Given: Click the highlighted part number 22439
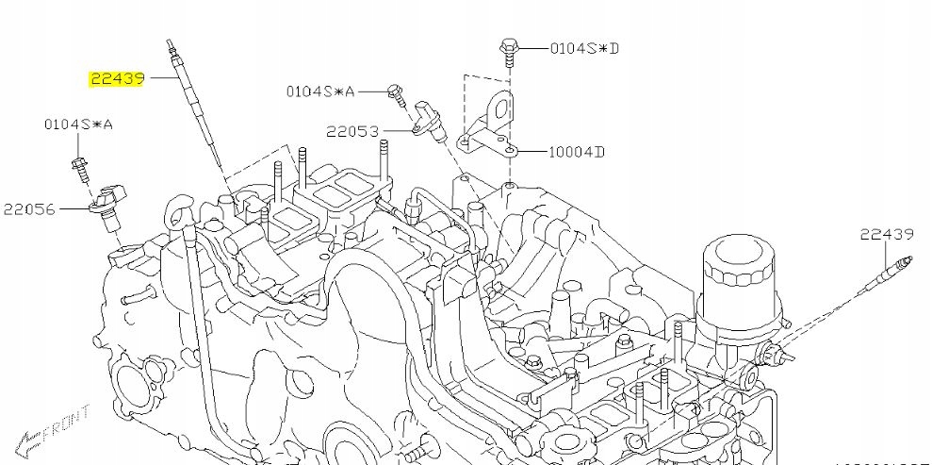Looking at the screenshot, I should pyautogui.click(x=117, y=79).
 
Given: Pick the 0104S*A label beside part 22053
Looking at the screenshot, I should pyautogui.click(x=320, y=91).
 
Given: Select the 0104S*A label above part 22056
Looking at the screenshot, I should pyautogui.click(x=77, y=125).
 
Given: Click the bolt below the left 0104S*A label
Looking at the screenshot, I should pyautogui.click(x=79, y=170).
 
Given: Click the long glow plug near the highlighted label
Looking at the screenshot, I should pyautogui.click(x=194, y=104).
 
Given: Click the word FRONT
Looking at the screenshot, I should pyautogui.click(x=71, y=423).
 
